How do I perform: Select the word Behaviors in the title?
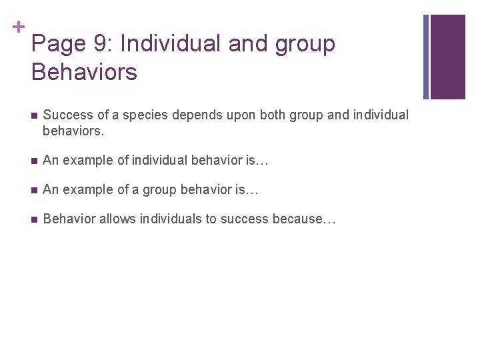[x=84, y=71]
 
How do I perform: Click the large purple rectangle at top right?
[x=447, y=57]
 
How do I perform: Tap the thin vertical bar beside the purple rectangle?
[x=427, y=57]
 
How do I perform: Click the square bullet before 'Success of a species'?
[x=33, y=115]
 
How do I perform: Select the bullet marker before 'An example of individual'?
[x=33, y=160]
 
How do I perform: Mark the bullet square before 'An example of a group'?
[x=33, y=190]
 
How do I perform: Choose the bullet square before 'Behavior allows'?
[x=33, y=219]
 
